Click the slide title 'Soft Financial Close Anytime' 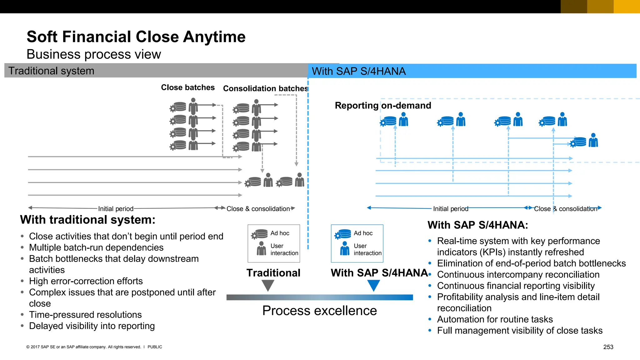click(136, 37)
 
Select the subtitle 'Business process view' click(94, 54)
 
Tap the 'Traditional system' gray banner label click(51, 71)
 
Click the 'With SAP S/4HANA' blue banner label click(358, 71)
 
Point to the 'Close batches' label click(187, 87)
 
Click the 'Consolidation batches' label click(265, 89)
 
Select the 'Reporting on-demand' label click(383, 106)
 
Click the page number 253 click(608, 347)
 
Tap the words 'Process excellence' click(319, 311)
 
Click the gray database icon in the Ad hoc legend click(260, 234)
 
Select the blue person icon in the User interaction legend click(345, 249)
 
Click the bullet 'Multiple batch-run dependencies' click(96, 247)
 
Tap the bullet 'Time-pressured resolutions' click(85, 315)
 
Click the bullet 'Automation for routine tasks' click(495, 319)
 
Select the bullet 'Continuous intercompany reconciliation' click(518, 275)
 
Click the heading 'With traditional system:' click(87, 220)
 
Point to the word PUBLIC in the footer click(155, 347)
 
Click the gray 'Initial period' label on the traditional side click(116, 209)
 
